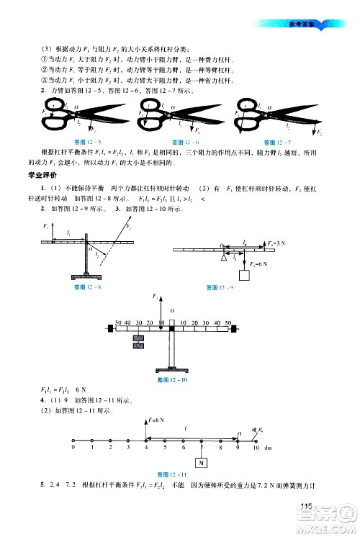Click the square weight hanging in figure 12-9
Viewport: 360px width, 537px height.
click(244, 276)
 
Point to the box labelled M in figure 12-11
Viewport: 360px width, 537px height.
click(202, 462)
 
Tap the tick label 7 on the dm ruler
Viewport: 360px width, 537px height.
click(202, 448)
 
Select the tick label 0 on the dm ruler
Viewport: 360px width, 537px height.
click(73, 448)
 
